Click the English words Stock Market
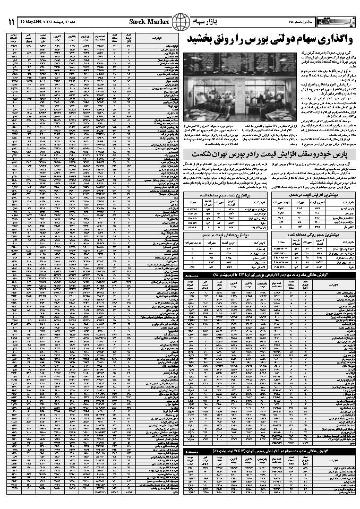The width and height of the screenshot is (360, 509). point(149,21)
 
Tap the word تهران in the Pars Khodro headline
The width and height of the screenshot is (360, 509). point(226,154)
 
